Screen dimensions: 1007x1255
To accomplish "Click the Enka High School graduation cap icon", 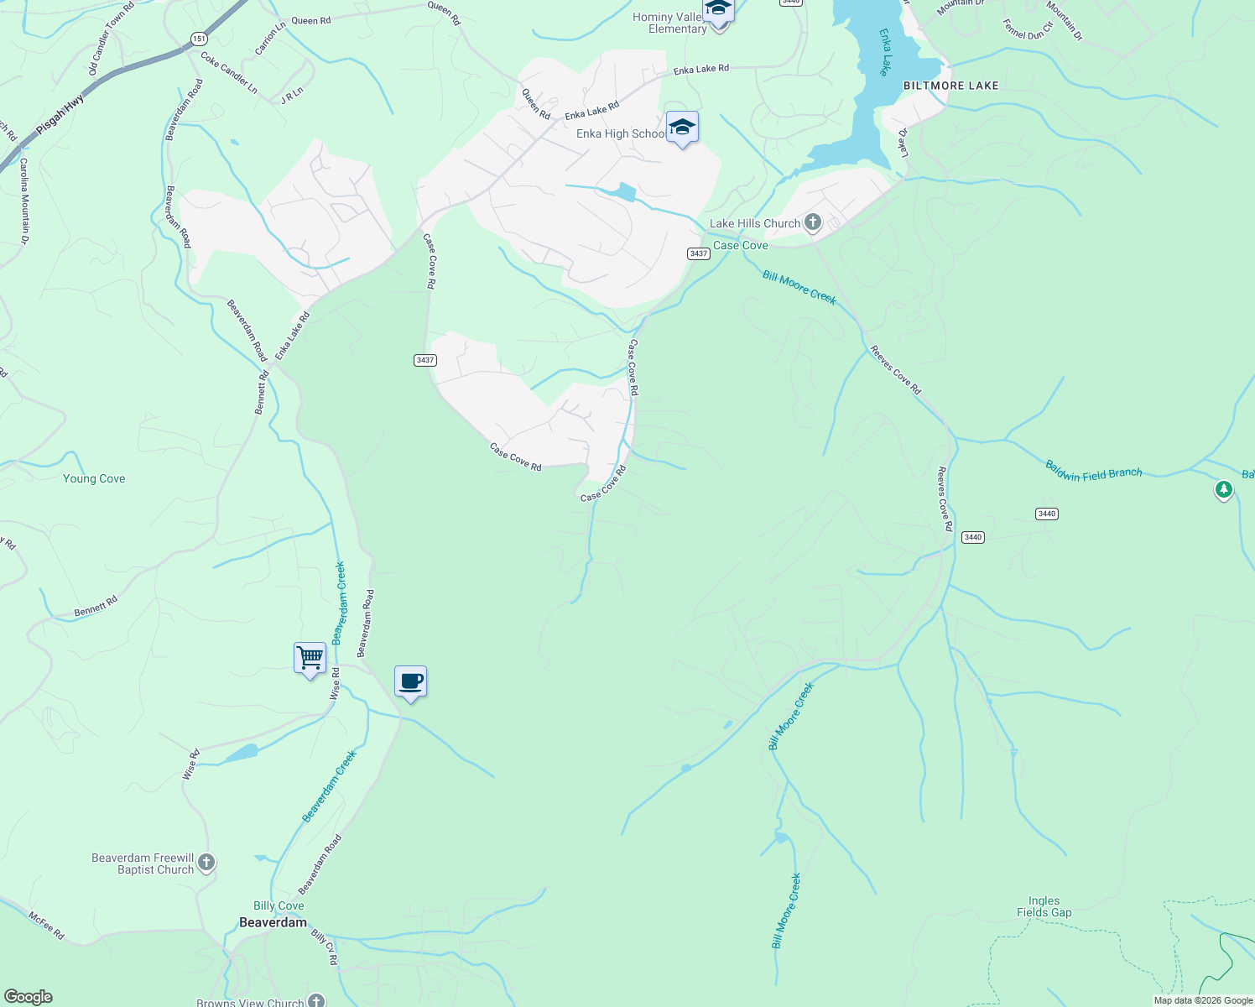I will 682,128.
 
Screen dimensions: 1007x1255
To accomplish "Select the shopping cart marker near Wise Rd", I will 310,658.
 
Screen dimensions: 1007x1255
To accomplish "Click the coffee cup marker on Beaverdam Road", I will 410,681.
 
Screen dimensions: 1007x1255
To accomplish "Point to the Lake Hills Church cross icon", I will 812,222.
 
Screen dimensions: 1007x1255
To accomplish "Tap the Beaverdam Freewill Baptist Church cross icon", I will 206,863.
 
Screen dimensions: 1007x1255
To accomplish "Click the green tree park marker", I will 1223,488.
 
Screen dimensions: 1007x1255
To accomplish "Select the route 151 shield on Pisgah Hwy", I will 198,39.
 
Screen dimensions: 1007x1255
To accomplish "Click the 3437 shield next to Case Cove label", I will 699,253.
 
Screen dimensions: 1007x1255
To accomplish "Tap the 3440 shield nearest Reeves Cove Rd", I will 972,537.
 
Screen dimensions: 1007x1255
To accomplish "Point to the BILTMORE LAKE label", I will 950,86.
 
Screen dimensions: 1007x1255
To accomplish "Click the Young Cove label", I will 94,478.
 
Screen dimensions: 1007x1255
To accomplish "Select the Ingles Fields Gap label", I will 1044,906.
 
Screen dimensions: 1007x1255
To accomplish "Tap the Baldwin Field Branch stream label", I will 1093,472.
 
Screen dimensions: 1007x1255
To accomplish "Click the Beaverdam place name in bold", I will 273,922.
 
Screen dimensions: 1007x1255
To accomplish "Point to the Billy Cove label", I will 279,905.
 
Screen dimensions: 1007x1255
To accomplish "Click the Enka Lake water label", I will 884,52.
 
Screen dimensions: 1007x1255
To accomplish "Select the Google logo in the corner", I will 28,997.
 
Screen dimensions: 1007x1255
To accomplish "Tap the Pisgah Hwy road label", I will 60,115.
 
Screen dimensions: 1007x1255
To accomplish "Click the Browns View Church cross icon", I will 315,1000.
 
